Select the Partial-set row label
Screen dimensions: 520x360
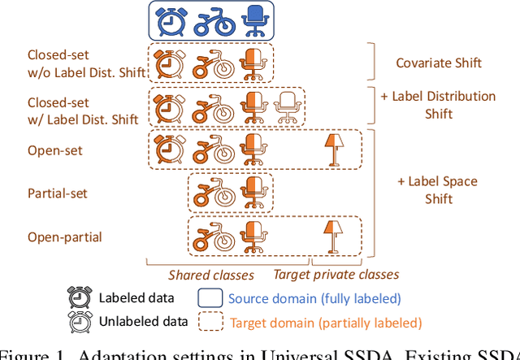pyautogui.click(x=57, y=193)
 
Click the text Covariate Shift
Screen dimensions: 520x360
pyautogui.click(x=440, y=63)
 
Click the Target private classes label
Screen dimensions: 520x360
pyautogui.click(x=336, y=274)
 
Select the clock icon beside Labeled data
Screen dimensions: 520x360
pyautogui.click(x=80, y=297)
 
